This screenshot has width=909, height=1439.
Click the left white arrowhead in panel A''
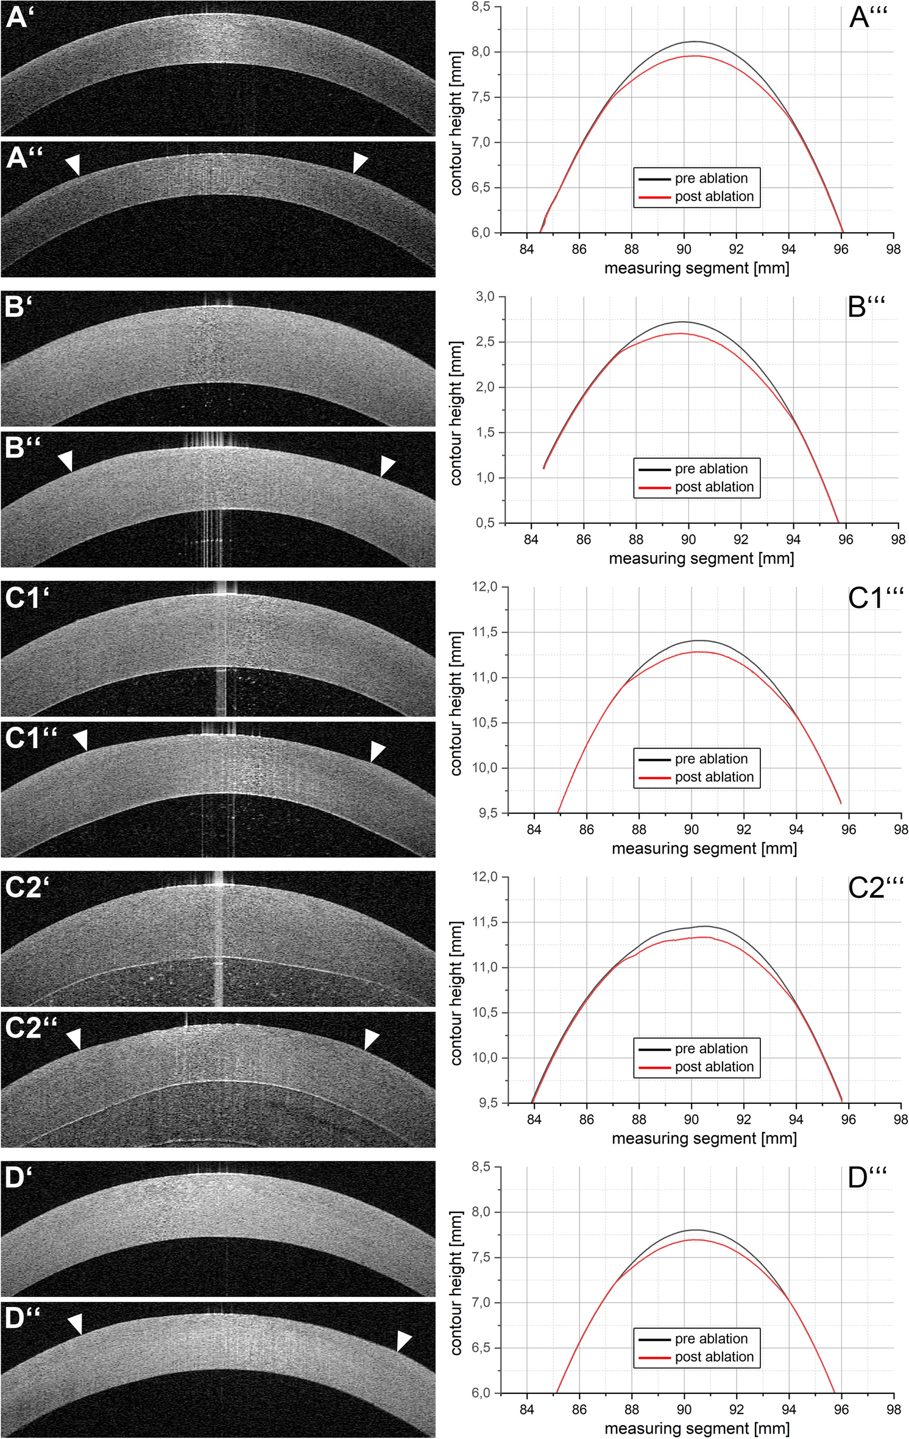tap(73, 163)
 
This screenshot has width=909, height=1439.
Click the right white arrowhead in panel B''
tap(387, 465)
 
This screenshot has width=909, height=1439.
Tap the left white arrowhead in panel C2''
tap(74, 1038)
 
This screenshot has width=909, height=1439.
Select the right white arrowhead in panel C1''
tap(377, 751)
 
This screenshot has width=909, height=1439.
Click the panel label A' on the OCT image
tap(16, 17)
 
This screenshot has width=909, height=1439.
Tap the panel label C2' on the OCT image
tap(26, 887)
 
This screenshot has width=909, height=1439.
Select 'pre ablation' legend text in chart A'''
tap(710, 179)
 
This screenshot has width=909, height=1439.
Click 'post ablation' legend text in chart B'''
tap(713, 487)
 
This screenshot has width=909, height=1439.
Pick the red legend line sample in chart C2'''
tap(654, 1067)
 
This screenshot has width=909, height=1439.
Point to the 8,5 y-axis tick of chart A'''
tap(481, 7)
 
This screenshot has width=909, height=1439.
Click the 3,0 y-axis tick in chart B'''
tap(485, 297)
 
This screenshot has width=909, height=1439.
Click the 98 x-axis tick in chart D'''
tap(893, 1409)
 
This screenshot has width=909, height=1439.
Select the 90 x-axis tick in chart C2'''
tap(691, 1119)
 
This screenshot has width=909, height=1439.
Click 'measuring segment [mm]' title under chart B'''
tap(701, 559)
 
